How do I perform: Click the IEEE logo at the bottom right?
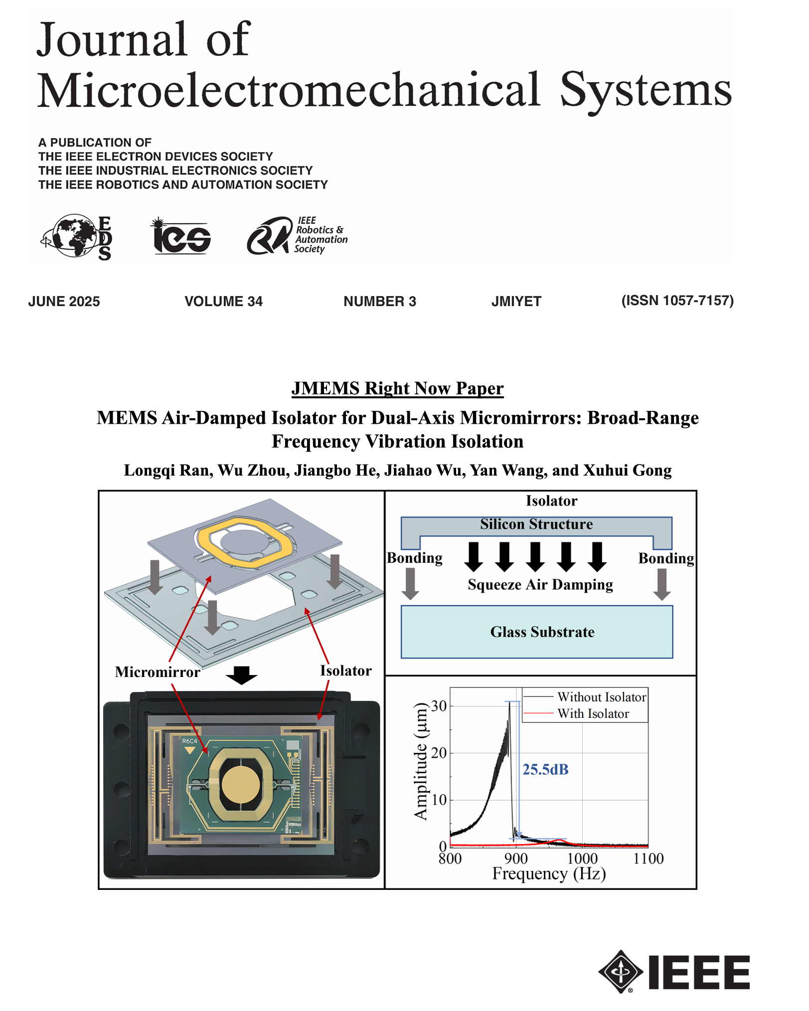674,972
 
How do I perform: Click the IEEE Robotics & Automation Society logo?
296,235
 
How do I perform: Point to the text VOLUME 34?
223,302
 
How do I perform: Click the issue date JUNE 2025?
64,302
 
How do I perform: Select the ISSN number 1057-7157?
677,301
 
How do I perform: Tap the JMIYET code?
516,302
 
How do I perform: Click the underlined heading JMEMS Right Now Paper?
397,388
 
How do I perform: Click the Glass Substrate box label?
542,632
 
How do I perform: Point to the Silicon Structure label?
536,524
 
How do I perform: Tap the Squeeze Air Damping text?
540,585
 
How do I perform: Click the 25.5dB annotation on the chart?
545,770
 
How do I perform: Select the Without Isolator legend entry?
601,697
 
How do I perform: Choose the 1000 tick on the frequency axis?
582,858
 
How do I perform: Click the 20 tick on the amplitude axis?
439,753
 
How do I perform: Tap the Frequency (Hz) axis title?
549,874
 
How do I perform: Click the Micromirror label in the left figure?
158,672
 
